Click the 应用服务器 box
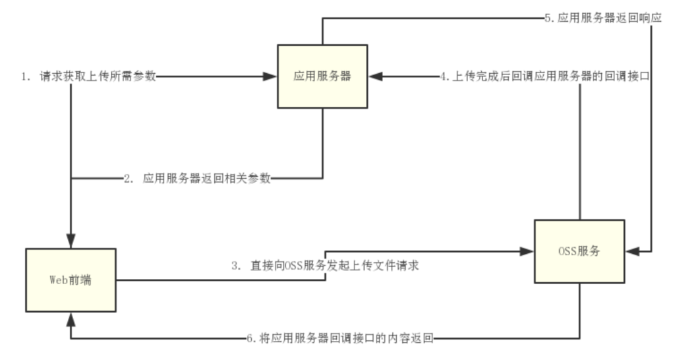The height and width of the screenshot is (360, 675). [322, 76]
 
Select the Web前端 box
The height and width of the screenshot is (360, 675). [71, 280]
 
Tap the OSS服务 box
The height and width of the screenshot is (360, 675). [579, 251]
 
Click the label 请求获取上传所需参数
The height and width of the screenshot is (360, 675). [97, 76]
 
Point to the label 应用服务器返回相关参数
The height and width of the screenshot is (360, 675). [206, 178]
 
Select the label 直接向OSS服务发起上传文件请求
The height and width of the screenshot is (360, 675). [334, 266]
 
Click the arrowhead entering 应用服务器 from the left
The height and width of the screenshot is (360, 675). [271, 76]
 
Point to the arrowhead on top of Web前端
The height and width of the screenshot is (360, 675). [71, 242]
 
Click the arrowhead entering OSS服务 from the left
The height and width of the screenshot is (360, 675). [527, 251]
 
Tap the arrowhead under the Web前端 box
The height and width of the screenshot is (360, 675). [71, 318]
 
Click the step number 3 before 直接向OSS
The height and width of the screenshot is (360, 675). [235, 266]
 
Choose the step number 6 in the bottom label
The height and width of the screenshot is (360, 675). [251, 339]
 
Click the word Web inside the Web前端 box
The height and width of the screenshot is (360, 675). [58, 280]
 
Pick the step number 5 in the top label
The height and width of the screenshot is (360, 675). [548, 18]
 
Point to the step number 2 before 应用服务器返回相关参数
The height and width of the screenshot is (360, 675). [127, 178]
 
